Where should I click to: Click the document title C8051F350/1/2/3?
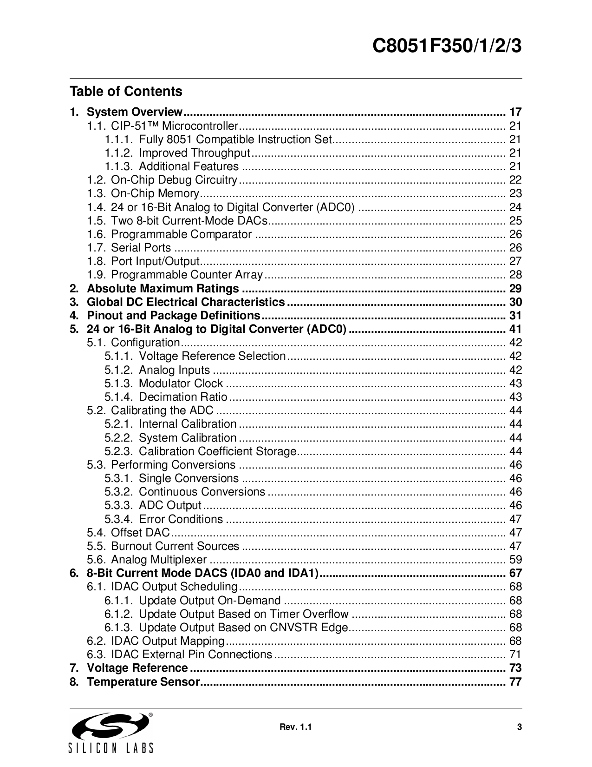tap(448, 47)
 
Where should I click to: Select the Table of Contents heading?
tap(126, 91)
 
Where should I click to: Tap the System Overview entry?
tap(135, 112)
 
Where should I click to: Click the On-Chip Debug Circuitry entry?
tap(174, 180)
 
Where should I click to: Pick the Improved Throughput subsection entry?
tap(195, 153)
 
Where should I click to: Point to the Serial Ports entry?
tap(141, 248)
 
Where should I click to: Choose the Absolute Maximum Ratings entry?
tap(163, 289)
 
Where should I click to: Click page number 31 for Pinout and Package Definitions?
tap(515, 316)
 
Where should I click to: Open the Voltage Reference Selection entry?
tap(212, 356)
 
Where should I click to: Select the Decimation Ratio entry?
tap(183, 397)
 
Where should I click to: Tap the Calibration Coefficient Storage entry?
tap(217, 451)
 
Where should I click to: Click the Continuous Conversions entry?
tap(202, 492)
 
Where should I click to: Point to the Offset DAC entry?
tap(140, 533)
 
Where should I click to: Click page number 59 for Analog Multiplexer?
tap(515, 560)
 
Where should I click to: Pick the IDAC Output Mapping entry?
tap(168, 641)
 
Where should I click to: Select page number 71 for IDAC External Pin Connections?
tap(515, 655)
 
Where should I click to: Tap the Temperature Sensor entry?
tap(143, 682)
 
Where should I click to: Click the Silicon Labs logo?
tap(111, 733)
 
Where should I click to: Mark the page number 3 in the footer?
tap(520, 727)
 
